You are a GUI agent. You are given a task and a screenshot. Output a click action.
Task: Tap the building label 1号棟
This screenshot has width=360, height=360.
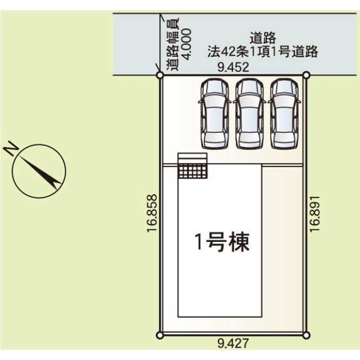(222, 242)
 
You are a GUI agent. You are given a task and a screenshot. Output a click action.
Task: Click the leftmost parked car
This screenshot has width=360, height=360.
(214, 112)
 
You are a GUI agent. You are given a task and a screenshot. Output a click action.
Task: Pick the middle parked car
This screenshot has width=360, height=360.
(249, 112)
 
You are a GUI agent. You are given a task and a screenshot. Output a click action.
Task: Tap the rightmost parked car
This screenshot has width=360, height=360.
(284, 112)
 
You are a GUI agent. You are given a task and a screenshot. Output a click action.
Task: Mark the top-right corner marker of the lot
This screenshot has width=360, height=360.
(306, 75)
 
